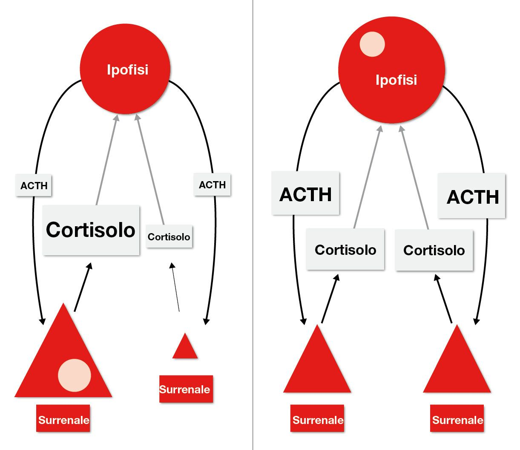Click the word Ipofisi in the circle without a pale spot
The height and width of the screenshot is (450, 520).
pos(127,69)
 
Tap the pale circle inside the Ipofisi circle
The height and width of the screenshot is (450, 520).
pos(372,44)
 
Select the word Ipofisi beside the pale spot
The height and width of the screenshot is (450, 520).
pos(396,80)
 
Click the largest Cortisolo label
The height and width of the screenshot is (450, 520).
pos(91,230)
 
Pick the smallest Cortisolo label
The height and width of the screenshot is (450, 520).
pos(169,237)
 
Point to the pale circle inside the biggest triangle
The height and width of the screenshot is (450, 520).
pos(75,375)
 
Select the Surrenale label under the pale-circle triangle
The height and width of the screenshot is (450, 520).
pos(63,420)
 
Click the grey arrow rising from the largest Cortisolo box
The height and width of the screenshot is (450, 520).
pos(106,160)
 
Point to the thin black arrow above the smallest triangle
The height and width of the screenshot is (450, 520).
pos(175,287)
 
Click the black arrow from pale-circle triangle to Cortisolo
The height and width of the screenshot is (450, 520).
pos(82,288)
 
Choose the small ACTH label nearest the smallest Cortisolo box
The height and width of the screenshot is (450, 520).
pos(212,185)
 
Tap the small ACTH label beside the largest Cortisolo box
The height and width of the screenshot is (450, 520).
pos(34,185)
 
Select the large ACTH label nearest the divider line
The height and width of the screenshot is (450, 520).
pos(305,194)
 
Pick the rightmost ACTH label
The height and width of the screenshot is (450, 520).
pos(472,196)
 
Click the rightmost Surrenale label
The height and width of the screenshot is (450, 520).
pos(457,420)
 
